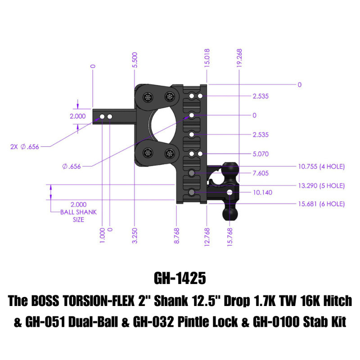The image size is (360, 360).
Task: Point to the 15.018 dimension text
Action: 207,58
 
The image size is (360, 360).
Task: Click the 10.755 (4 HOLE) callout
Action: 321,166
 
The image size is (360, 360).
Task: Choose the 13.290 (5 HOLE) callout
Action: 321,185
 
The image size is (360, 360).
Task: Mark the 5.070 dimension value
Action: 261,154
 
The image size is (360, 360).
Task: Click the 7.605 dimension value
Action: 261,173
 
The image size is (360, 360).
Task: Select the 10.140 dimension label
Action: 262,192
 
